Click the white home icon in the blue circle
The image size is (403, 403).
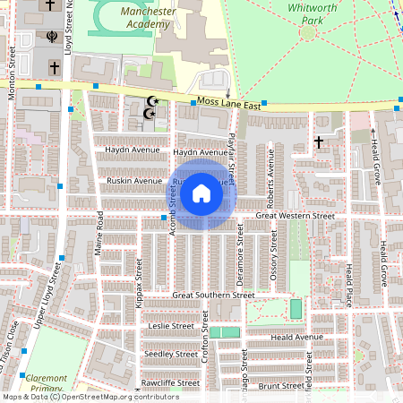[201, 193]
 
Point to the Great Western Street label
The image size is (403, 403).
[295, 216]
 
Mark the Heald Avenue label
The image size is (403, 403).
[296, 337]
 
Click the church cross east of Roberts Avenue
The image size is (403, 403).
[319, 142]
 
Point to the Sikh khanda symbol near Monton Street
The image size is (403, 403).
[52, 39]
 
